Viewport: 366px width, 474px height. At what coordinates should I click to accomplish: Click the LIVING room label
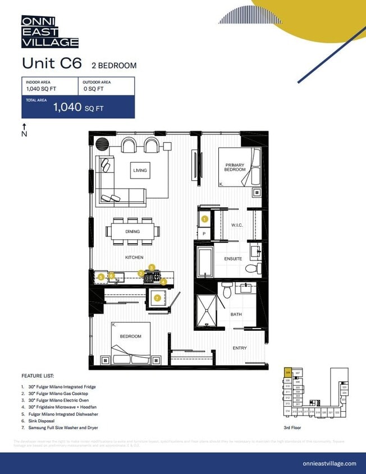pos(140,170)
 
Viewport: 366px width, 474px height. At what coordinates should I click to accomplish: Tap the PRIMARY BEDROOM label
pos(235,167)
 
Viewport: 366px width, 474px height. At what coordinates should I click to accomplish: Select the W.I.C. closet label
pos(236,225)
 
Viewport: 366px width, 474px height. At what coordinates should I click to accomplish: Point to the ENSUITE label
pos(233,259)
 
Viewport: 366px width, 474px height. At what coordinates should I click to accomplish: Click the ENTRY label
pos(240,348)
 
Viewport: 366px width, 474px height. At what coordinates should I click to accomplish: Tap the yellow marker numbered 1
pos(204,219)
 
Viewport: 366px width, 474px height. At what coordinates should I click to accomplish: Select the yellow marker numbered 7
pos(157,298)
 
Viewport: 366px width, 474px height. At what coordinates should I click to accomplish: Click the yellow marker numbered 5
pos(100,277)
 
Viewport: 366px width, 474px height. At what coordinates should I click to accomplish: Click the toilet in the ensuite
pos(257,268)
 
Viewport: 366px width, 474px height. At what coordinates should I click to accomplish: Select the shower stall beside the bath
pos(205,309)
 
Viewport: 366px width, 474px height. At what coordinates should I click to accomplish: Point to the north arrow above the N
pos(24,126)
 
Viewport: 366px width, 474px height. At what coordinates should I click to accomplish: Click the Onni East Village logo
pos(49,31)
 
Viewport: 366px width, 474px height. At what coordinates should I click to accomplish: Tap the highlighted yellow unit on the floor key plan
pos(288,372)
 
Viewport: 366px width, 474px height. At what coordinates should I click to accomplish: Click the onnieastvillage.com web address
pos(329,463)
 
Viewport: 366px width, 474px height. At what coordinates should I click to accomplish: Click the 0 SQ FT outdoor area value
pos(93,89)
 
